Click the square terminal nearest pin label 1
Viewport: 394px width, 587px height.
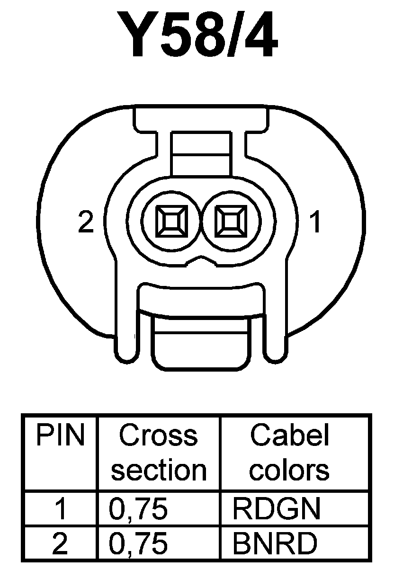coord(231,222)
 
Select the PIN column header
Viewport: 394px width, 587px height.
coord(60,436)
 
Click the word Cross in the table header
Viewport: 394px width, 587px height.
coord(158,436)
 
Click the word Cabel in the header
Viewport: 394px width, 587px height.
coord(289,436)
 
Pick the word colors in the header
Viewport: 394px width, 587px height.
coord(289,470)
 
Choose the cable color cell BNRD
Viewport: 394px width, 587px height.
coord(275,543)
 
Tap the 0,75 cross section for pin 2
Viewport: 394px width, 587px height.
coord(138,543)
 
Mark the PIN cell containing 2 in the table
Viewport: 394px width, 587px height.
coord(60,543)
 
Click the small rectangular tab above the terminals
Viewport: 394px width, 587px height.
coord(202,154)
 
